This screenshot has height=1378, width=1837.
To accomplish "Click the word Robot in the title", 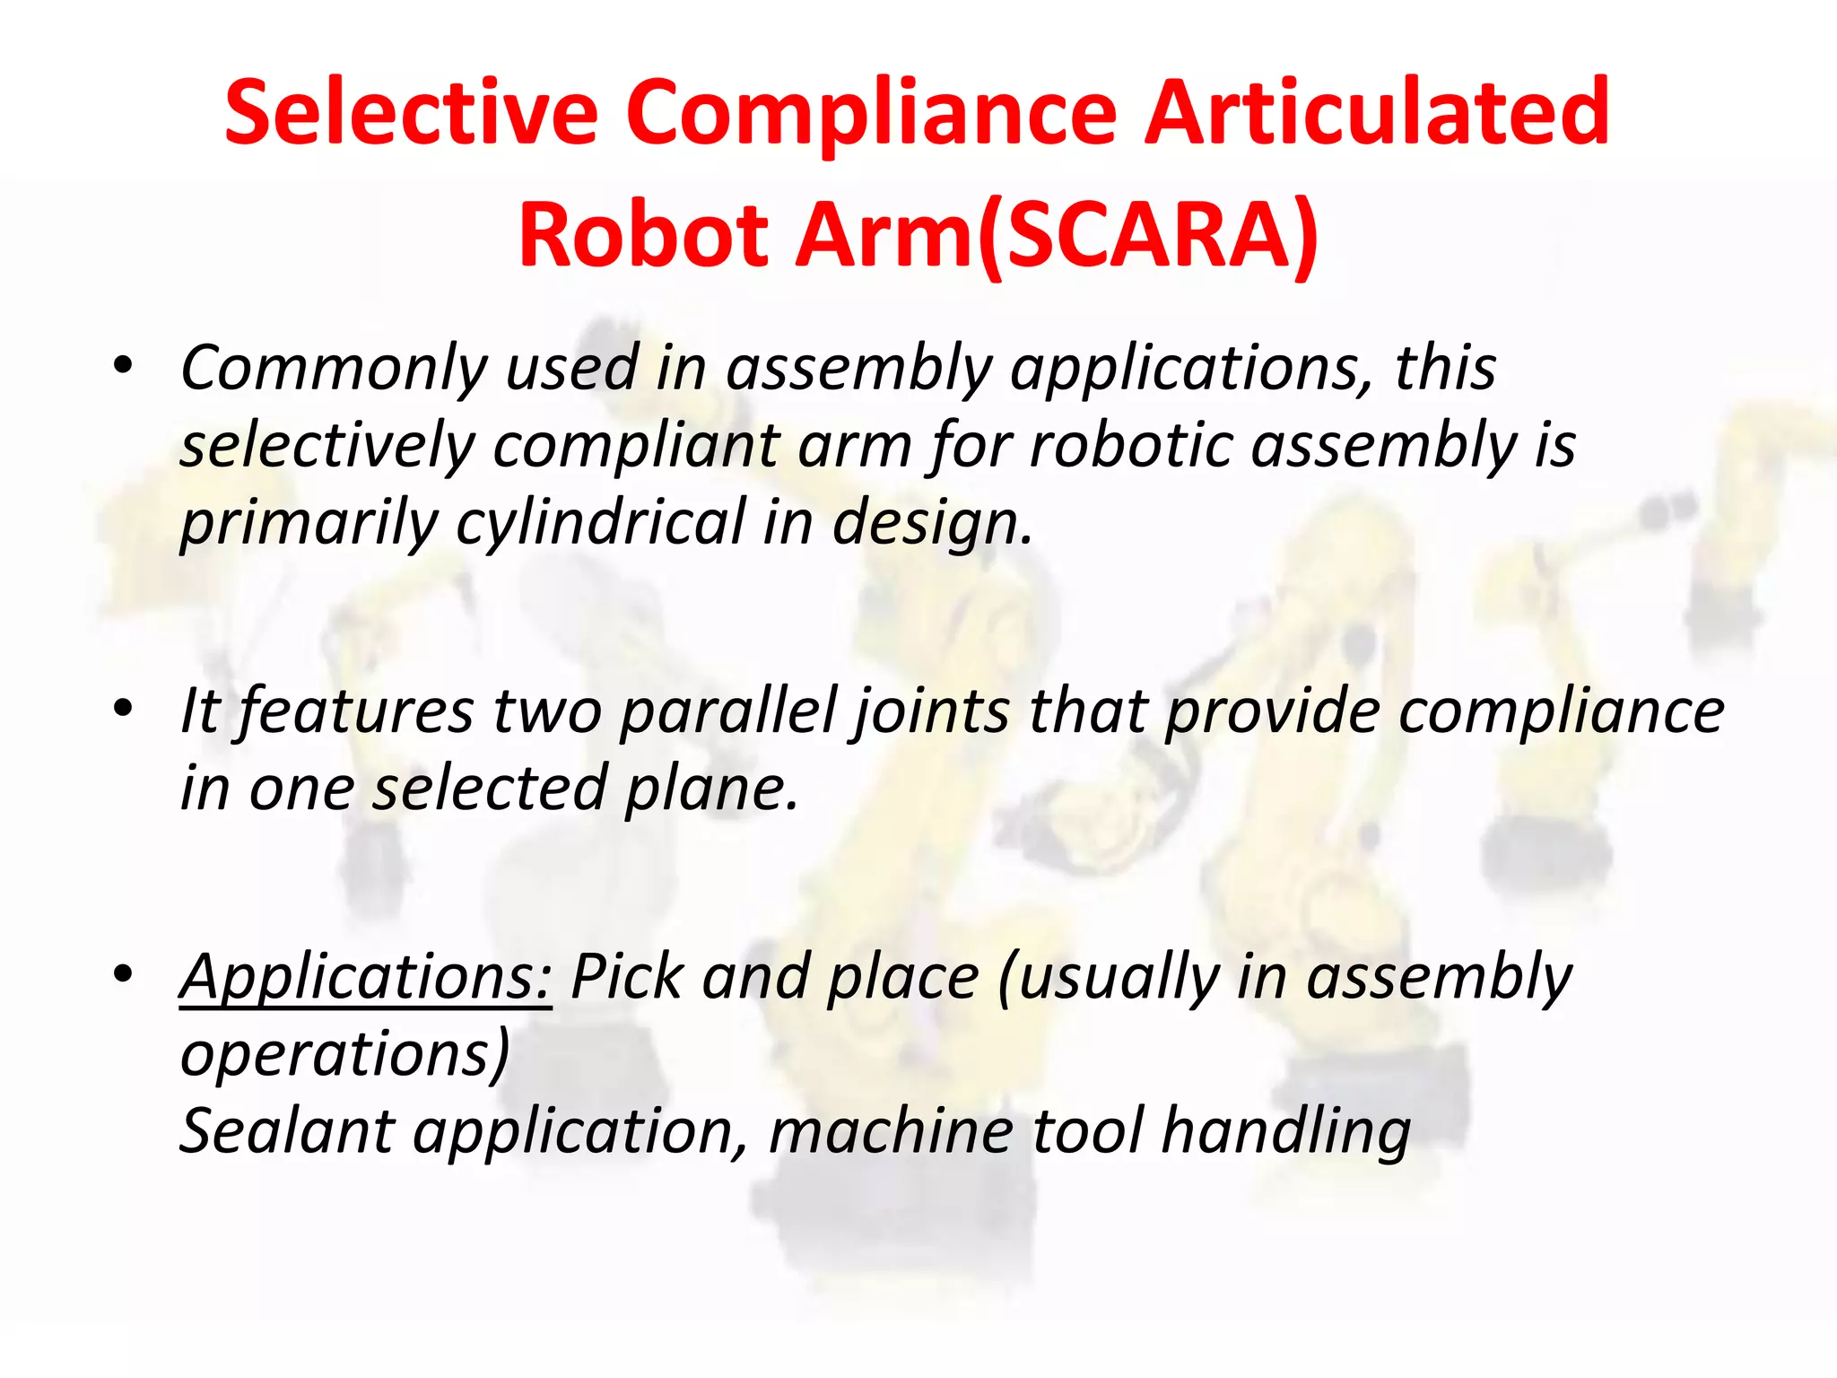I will click(x=643, y=235).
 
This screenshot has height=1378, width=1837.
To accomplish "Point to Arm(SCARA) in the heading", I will click(x=1058, y=235).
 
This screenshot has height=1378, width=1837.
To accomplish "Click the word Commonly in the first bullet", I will click(x=334, y=368).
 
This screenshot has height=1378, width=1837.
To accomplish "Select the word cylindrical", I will click(x=599, y=522).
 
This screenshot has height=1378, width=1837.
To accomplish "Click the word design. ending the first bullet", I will click(x=933, y=522).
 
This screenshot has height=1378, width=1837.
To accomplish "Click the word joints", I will click(x=932, y=711).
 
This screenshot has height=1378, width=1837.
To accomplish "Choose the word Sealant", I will click(x=285, y=1130).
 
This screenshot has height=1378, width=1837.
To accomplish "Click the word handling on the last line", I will click(x=1285, y=1130).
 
